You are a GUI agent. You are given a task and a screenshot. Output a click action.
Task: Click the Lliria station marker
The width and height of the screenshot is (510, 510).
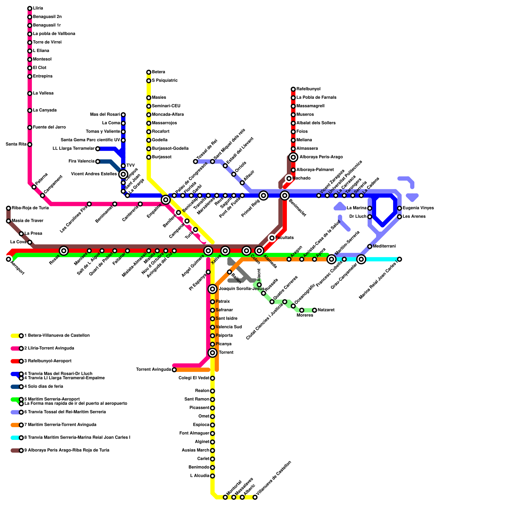point(30,8)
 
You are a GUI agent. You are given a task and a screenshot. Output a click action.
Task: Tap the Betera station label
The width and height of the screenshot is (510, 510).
point(158,72)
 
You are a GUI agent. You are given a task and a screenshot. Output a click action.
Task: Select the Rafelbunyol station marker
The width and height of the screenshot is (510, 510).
point(293,89)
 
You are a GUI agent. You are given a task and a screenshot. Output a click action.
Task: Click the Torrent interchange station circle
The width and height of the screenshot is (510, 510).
point(213,353)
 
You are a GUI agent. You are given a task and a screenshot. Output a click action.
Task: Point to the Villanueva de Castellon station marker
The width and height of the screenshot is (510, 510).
point(255,497)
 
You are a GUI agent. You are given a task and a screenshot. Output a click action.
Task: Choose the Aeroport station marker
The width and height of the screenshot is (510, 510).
point(9,259)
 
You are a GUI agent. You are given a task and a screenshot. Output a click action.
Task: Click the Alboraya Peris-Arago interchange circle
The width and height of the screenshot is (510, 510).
point(293,157)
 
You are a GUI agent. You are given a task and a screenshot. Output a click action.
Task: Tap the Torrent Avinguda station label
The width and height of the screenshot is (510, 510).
point(154,370)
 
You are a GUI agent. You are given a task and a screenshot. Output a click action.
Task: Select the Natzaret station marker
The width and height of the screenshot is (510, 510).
point(315,310)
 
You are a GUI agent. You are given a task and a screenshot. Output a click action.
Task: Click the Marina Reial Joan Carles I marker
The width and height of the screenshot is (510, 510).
point(399,259)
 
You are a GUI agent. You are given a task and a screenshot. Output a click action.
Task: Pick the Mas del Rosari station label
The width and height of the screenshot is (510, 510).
point(105,114)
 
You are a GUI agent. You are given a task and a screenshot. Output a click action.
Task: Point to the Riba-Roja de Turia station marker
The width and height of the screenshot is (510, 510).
point(9,208)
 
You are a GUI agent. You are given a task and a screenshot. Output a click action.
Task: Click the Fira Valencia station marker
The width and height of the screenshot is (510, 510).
point(98,162)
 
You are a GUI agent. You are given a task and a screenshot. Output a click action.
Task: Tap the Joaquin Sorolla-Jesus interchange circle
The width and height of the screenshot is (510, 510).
point(213,289)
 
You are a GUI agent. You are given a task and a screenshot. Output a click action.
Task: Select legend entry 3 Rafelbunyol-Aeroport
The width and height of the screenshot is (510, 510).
point(49,361)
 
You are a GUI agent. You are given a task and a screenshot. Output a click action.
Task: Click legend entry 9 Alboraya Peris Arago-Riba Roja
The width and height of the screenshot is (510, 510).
point(67,450)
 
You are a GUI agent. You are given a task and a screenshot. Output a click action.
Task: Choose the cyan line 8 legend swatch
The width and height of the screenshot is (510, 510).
point(15,438)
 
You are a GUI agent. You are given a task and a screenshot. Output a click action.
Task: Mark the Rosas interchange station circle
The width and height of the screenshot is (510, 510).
point(64,251)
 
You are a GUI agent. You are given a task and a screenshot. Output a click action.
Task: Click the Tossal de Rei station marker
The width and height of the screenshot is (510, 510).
point(195,162)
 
